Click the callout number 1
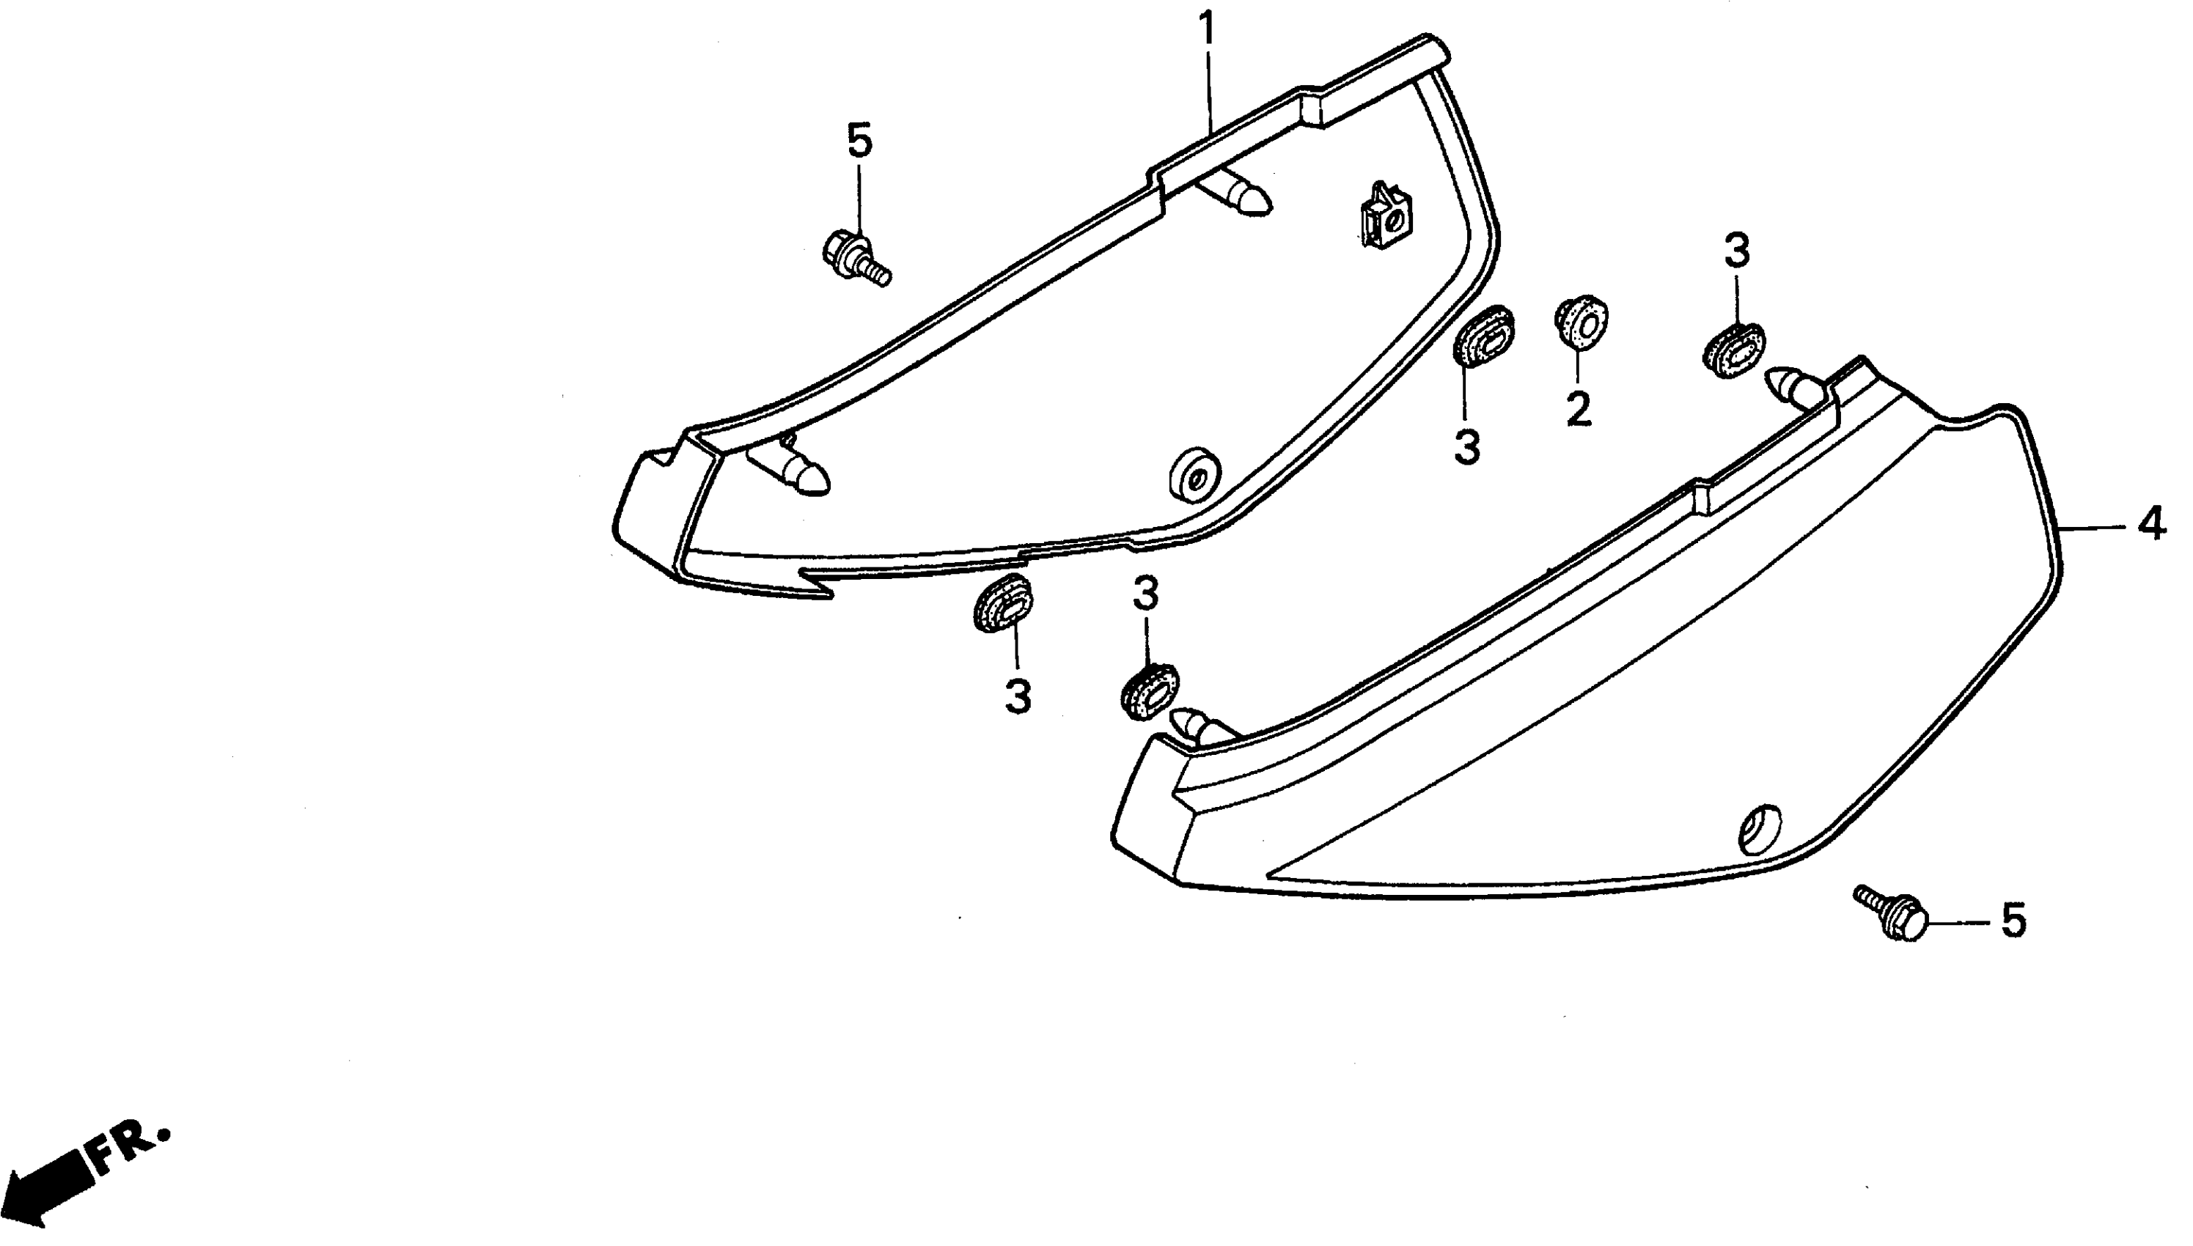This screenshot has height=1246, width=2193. click(x=1207, y=30)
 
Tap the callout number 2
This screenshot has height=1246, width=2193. click(x=1579, y=410)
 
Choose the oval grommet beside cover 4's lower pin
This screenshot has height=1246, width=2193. click(x=1149, y=690)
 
